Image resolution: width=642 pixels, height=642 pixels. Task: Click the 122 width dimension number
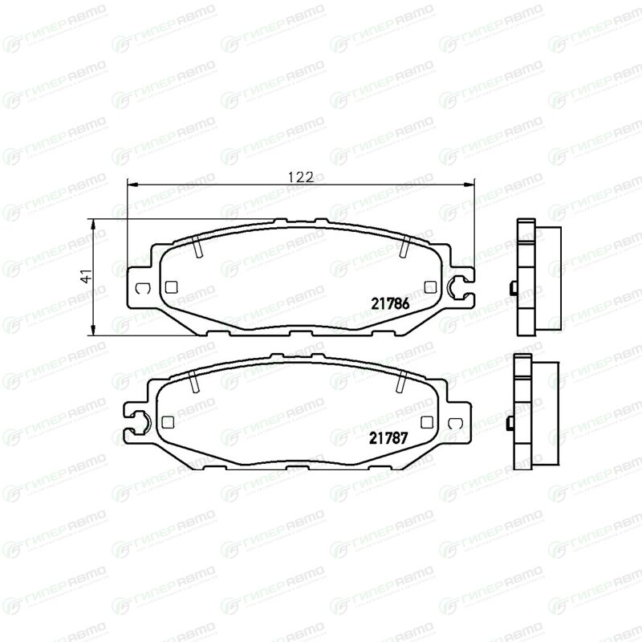coord(301,177)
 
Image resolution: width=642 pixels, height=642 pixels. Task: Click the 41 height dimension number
coord(86,276)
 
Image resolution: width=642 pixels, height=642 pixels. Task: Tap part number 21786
coord(390,304)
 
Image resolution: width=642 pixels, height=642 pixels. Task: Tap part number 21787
coord(388,438)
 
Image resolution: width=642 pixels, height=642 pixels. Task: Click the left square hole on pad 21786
coord(171,287)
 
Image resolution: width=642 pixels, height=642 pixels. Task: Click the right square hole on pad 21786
coord(430,287)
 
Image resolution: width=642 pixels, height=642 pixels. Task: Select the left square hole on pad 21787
coord(168,422)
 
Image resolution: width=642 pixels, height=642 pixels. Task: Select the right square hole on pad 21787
coord(427,422)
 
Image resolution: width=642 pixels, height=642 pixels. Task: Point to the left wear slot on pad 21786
coord(197,247)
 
